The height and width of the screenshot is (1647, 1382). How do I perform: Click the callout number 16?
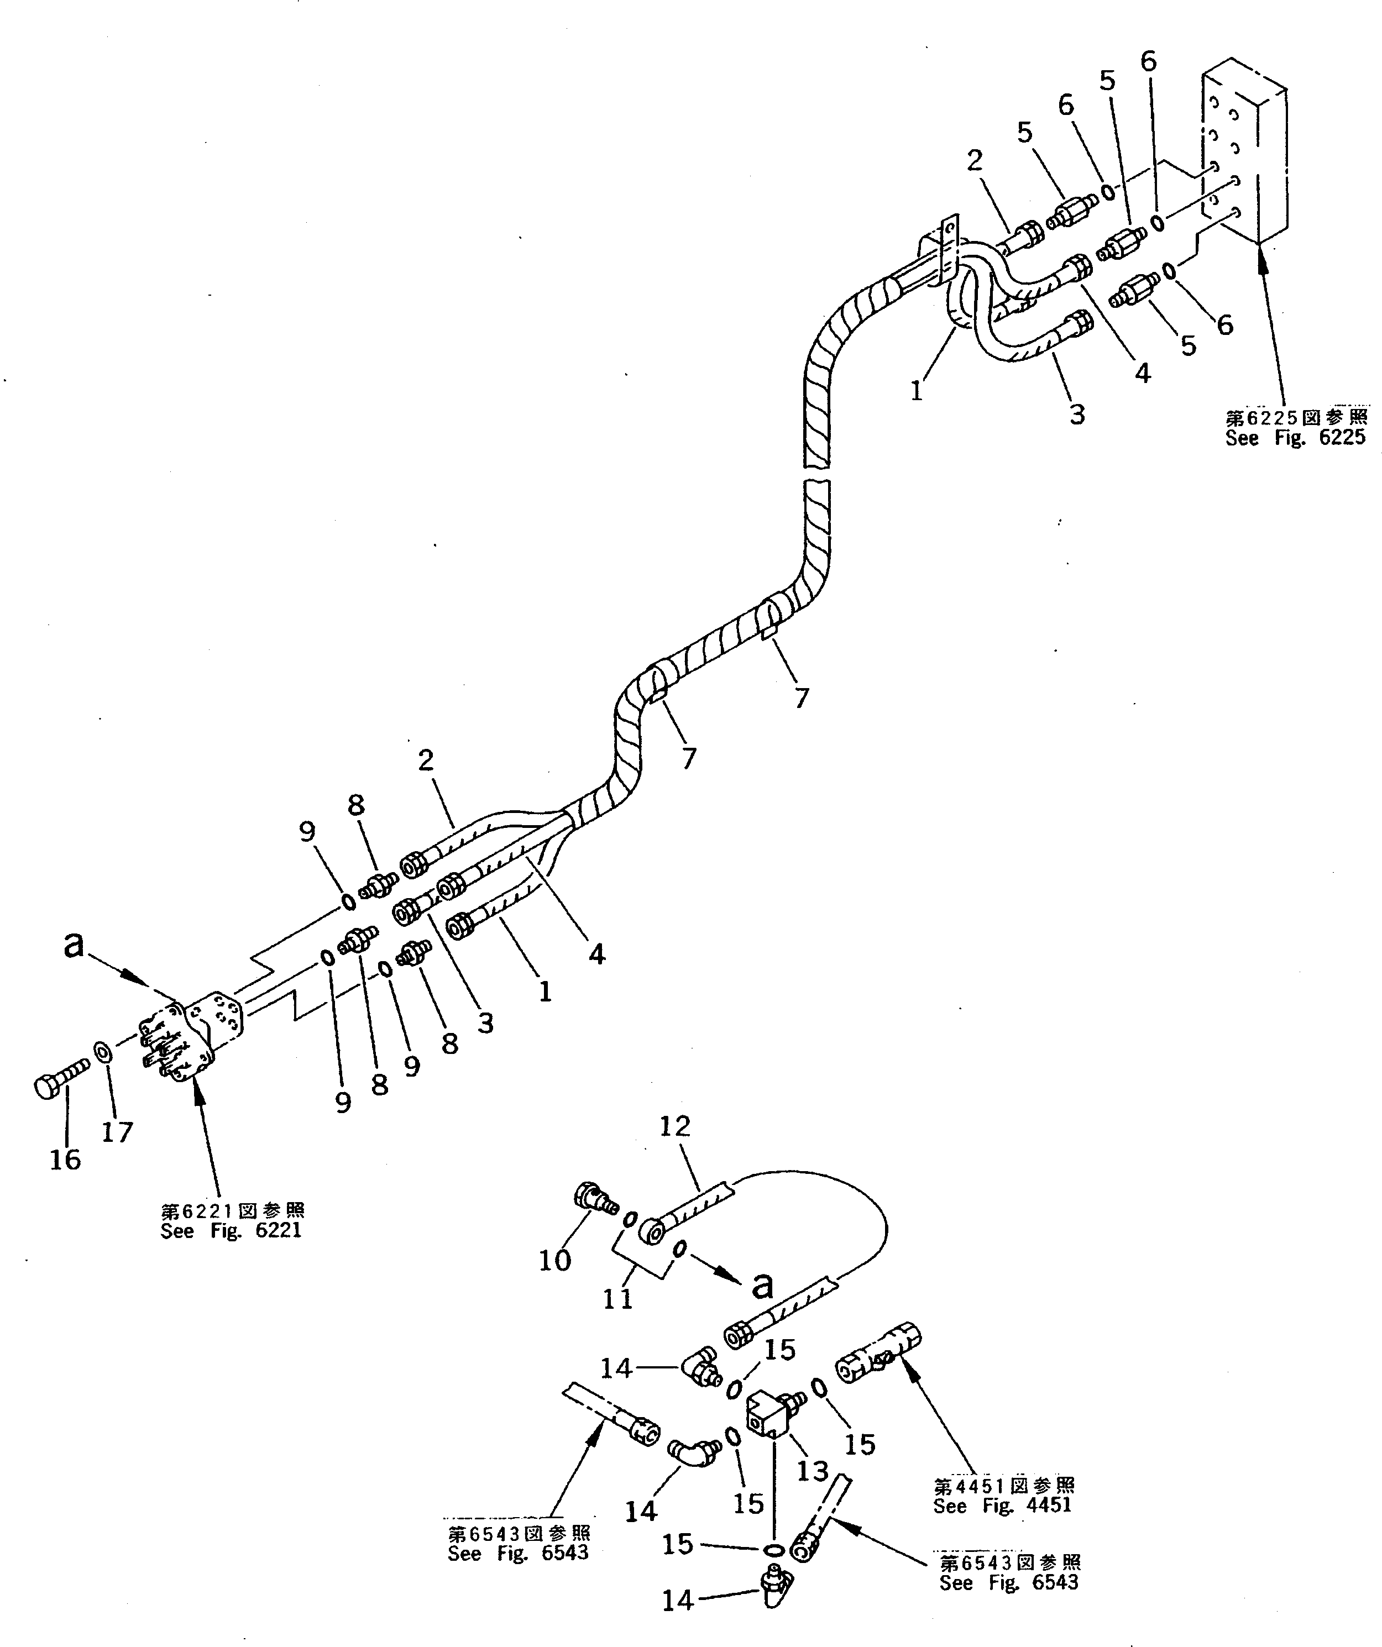pos(65,1159)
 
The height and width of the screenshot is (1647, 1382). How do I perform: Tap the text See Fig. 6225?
pos(1295,438)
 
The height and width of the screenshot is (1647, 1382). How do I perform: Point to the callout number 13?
pos(812,1471)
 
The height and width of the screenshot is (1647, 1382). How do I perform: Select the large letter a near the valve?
pos(73,945)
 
